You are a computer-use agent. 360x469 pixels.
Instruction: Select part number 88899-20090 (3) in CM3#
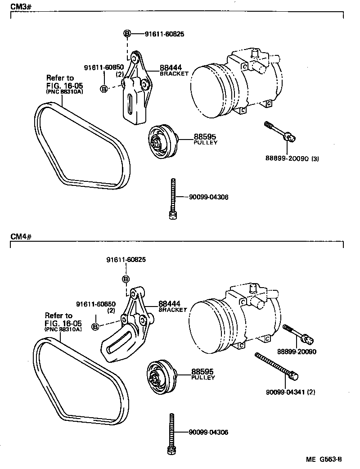pos(292,158)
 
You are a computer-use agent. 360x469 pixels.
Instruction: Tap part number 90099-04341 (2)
pos(290,392)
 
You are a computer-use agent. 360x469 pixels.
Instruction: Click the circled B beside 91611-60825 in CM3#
pos(127,34)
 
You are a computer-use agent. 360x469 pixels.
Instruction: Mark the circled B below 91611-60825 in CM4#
pos(126,279)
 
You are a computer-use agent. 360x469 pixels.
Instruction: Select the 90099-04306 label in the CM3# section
pos(208,197)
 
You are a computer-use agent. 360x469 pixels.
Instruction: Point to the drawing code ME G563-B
pos(324,459)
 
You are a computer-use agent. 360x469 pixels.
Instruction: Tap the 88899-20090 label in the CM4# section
pos(297,352)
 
